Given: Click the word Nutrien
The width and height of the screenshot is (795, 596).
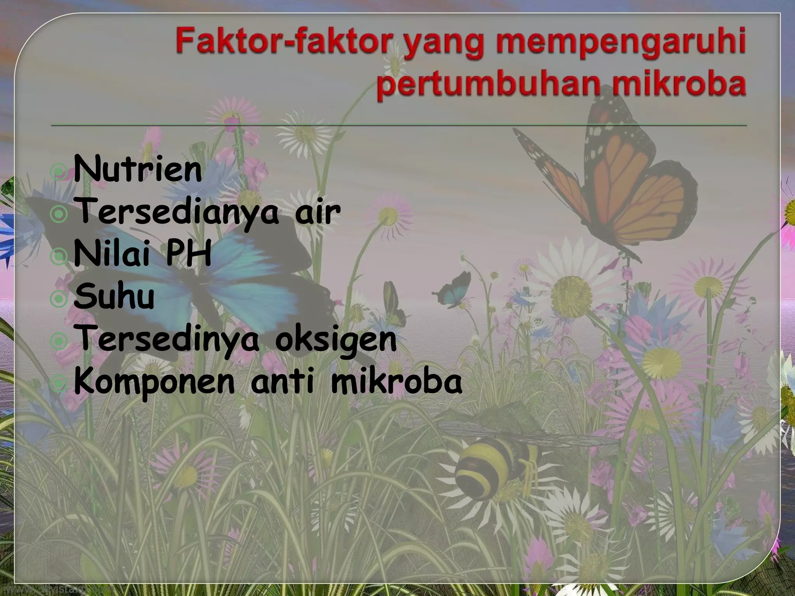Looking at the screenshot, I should coord(138,170).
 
